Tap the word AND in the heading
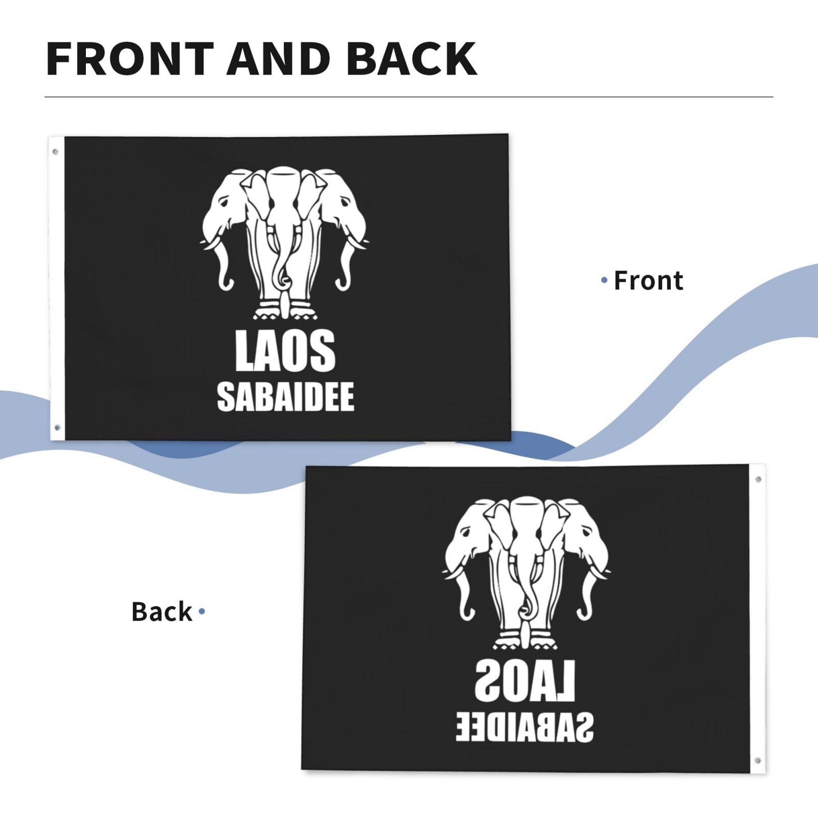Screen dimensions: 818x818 point(280,59)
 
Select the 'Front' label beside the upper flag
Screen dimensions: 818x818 point(648,281)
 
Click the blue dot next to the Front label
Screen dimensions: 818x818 point(605,280)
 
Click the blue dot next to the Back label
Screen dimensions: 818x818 point(202,611)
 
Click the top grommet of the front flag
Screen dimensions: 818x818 point(55,152)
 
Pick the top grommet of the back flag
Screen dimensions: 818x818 point(758,479)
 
